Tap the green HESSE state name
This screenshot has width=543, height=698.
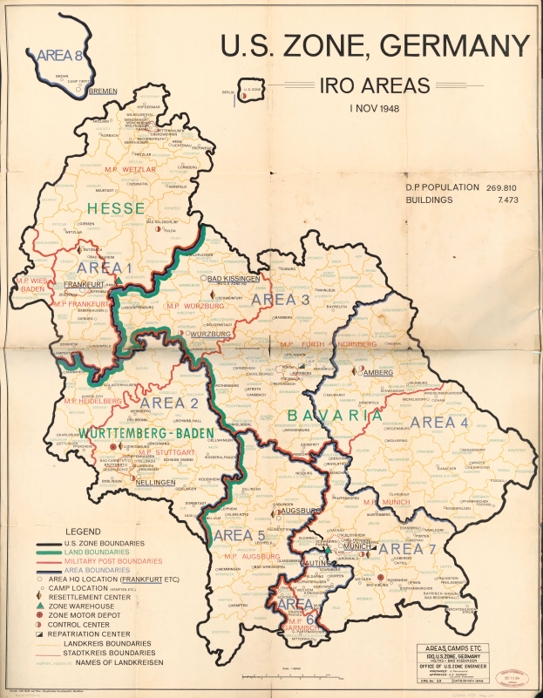coord(117,207)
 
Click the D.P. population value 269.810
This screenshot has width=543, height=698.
coord(507,187)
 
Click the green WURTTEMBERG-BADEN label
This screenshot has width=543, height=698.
coord(139,432)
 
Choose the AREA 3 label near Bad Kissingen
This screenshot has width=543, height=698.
coord(281,300)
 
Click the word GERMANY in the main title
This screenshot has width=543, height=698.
coord(448,46)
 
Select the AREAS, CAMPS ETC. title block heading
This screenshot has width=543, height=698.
coord(451,648)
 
